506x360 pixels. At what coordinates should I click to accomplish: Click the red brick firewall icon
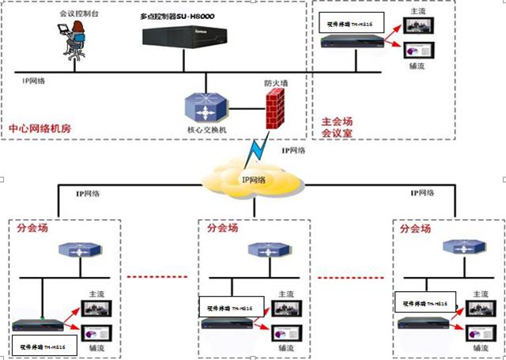tap(274, 108)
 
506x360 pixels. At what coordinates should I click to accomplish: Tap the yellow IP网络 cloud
tap(253, 181)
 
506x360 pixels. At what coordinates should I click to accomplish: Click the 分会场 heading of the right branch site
tap(416, 229)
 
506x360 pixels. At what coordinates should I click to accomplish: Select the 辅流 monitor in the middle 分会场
tap(282, 332)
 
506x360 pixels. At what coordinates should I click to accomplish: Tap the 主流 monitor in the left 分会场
tap(99, 309)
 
